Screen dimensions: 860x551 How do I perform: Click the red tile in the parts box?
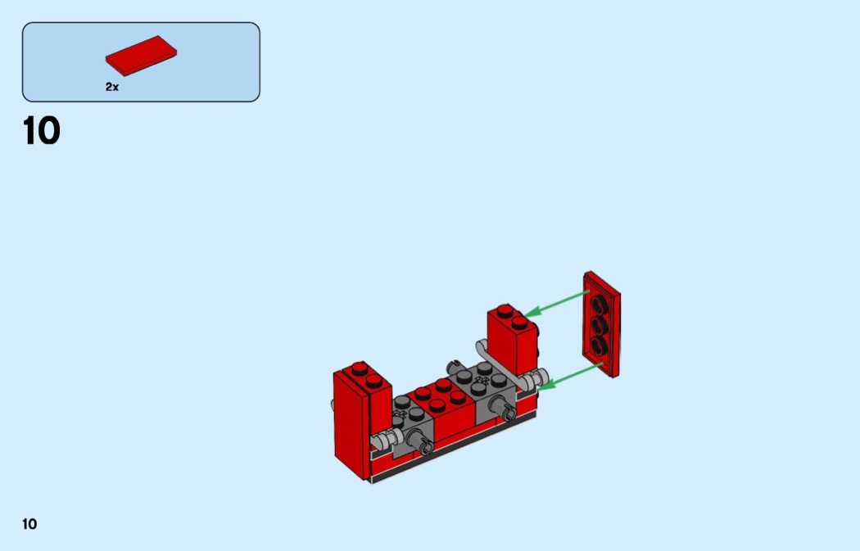click(141, 56)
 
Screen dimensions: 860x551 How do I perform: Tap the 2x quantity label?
click(112, 87)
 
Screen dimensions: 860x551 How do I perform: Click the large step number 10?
click(42, 131)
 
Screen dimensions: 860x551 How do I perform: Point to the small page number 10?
click(29, 524)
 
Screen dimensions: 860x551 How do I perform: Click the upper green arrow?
click(556, 303)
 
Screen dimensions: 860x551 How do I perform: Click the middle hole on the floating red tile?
click(599, 326)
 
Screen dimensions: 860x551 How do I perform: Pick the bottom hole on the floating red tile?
click(599, 346)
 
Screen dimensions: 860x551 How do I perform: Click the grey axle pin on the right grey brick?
click(502, 408)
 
